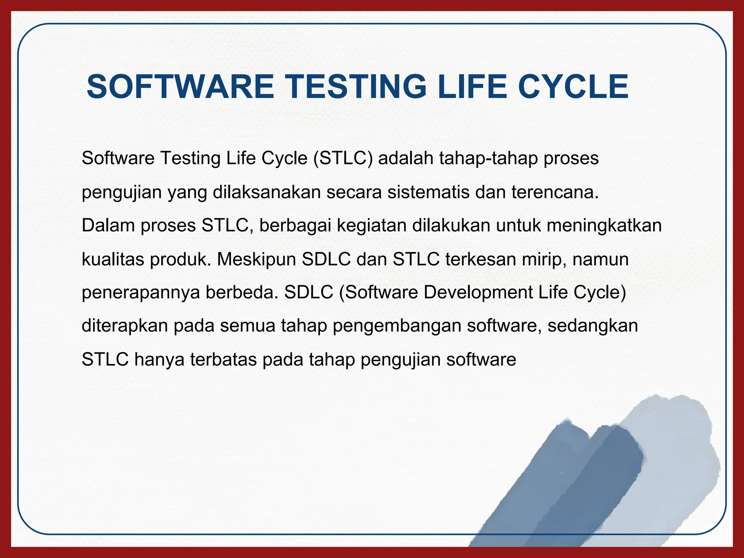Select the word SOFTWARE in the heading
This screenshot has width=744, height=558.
pos(180,87)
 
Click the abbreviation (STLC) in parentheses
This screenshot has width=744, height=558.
pos(343,158)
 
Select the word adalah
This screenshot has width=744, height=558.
pos(406,158)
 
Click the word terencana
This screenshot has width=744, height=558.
pos(555,192)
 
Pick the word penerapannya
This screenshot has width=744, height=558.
pos(141,293)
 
